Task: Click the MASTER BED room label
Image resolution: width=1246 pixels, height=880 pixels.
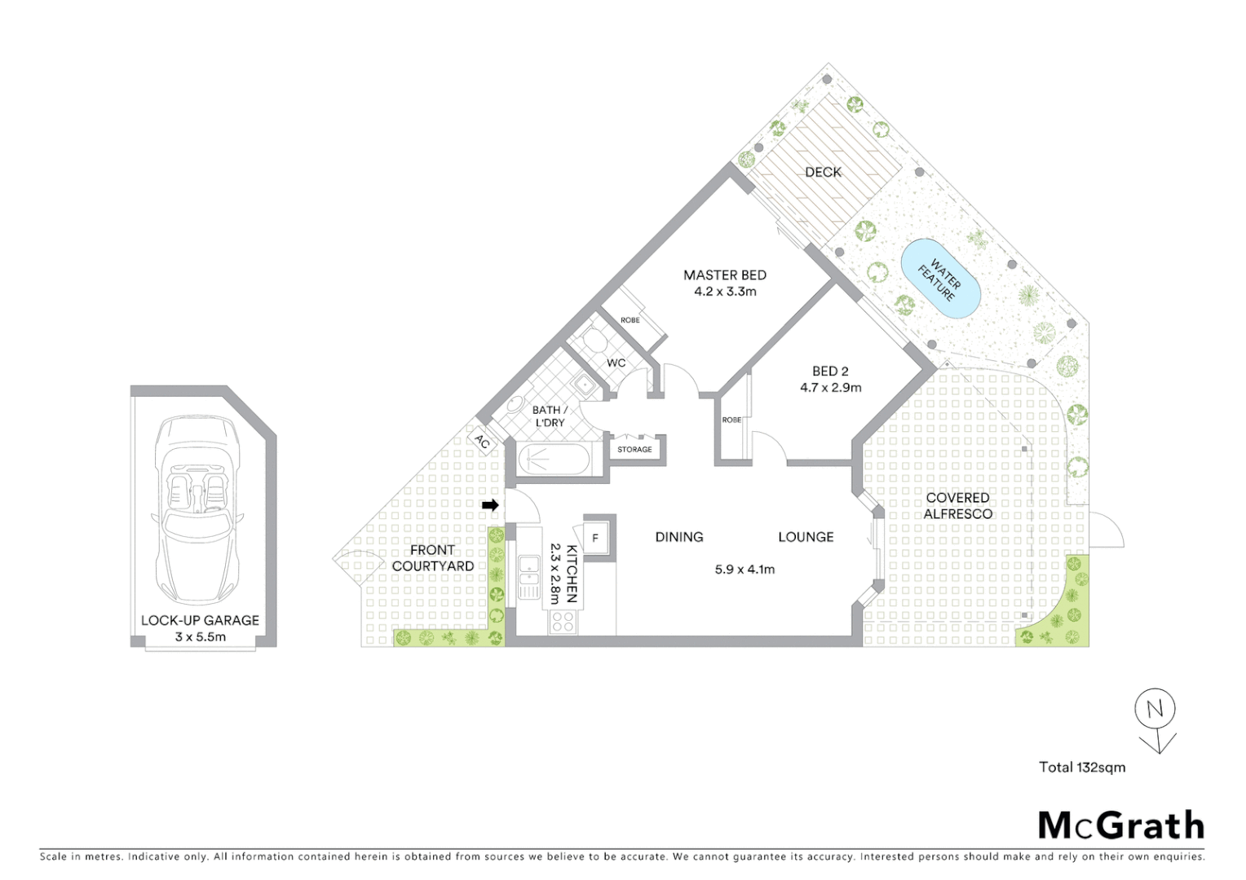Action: (724, 275)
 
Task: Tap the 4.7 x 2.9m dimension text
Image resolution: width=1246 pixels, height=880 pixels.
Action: (830, 388)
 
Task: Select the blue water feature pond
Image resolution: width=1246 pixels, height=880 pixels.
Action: (940, 279)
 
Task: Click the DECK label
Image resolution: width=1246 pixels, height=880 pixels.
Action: (823, 172)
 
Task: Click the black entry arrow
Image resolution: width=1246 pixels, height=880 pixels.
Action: (490, 505)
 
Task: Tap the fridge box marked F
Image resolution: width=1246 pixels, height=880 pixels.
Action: (595, 538)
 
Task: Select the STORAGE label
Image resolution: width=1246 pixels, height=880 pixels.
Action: (634, 450)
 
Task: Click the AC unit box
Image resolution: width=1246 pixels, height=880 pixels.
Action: (483, 442)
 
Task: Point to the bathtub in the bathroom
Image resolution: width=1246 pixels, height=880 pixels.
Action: (554, 460)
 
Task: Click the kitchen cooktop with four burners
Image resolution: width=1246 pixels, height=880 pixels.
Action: (563, 622)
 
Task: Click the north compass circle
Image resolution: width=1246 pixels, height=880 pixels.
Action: (1155, 709)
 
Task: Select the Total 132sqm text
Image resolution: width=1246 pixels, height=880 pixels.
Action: (1081, 767)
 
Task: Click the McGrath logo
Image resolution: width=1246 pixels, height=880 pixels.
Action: (1120, 825)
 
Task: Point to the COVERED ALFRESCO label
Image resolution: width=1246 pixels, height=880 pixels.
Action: (957, 506)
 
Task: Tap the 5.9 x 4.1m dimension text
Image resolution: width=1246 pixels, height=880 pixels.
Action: (745, 570)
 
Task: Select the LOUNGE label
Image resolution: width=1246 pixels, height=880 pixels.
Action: (805, 537)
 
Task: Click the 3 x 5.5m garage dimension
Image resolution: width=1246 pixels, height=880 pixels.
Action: (200, 637)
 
